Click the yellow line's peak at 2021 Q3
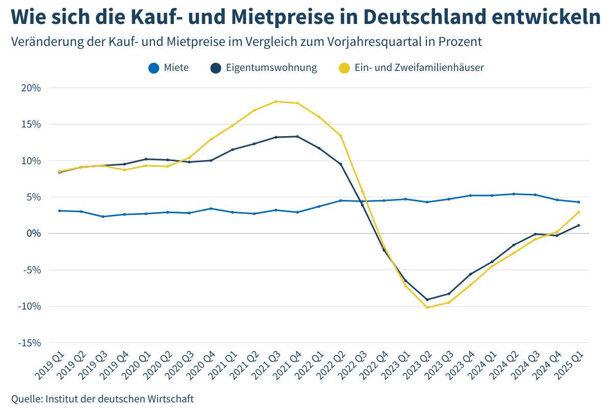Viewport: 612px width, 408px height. pos(275,101)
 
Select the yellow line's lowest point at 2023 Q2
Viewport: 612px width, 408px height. pos(427,308)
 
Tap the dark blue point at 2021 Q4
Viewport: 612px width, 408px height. pos(297,136)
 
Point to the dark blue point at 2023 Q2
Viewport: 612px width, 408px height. pos(427,300)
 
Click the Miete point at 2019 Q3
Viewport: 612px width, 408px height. pos(103,217)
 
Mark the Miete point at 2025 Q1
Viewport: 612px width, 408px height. pos(578,202)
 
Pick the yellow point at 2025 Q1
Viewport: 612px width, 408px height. pos(578,212)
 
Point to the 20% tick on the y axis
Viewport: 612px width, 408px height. pos(31,88)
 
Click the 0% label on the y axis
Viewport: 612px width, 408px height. pos(34,234)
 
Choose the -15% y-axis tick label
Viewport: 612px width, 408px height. pos(30,343)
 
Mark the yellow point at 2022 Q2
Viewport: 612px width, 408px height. pos(341,136)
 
